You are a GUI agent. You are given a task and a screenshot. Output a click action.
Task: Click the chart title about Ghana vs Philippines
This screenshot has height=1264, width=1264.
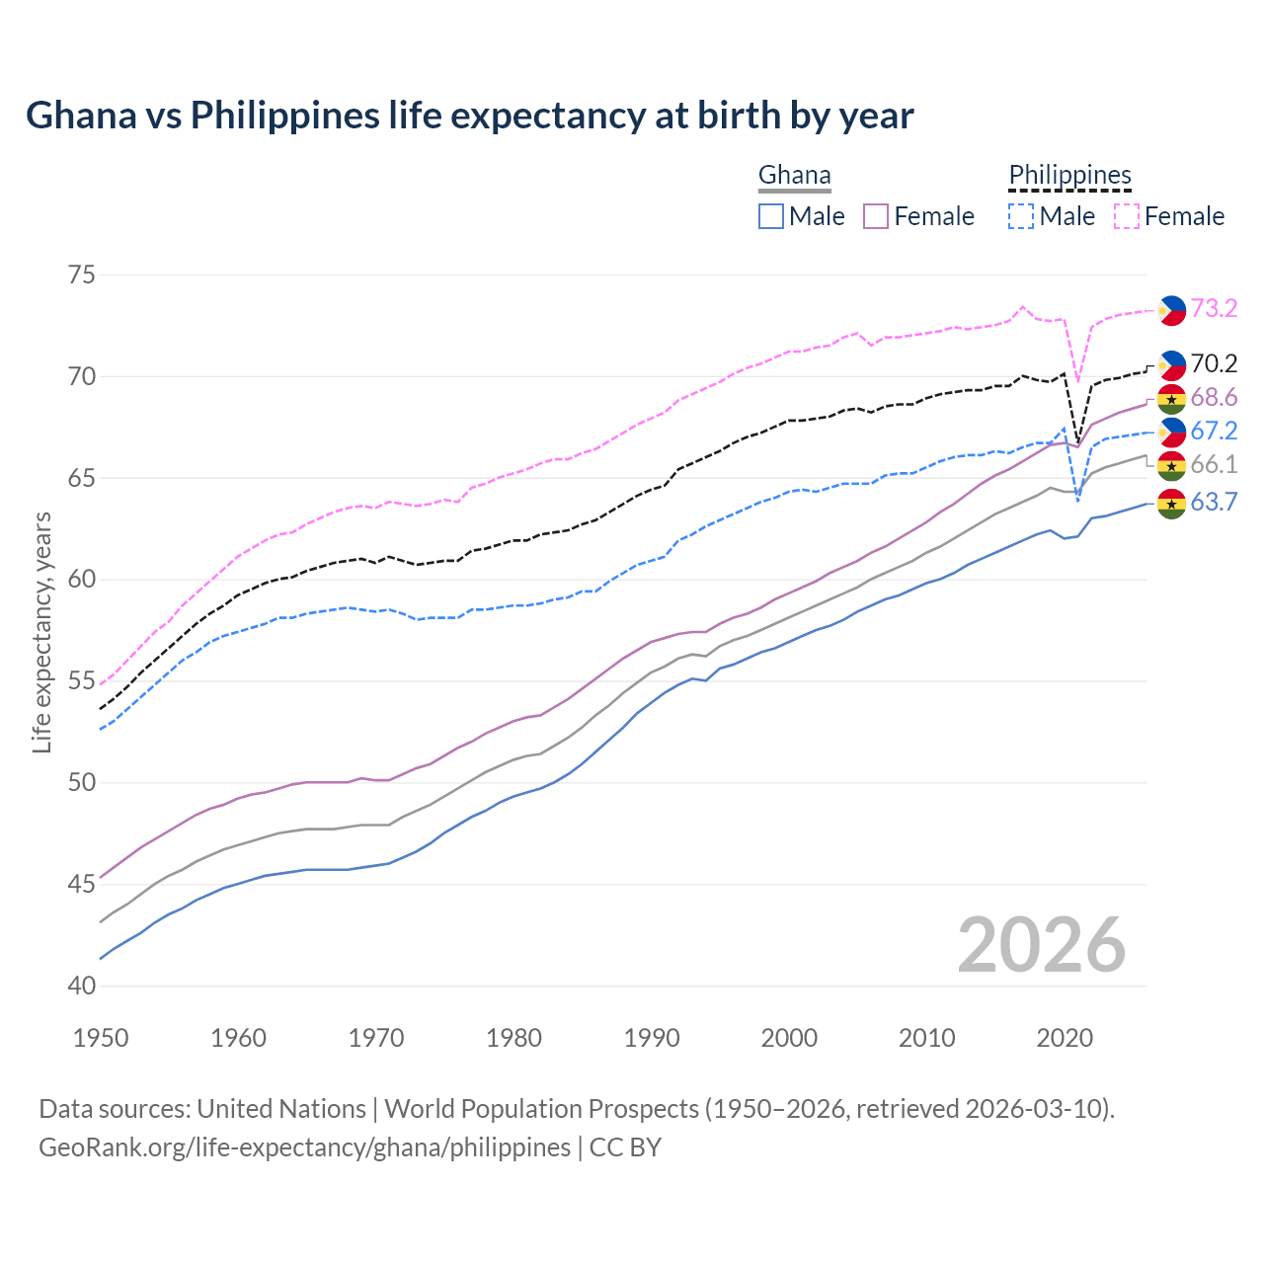pyautogui.click(x=469, y=116)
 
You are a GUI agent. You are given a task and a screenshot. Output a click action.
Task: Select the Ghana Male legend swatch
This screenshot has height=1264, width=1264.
pyautogui.click(x=771, y=216)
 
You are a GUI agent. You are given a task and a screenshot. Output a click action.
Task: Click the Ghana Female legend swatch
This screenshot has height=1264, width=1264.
pyautogui.click(x=876, y=216)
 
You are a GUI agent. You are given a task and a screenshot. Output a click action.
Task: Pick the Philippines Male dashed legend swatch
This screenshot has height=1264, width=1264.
pyautogui.click(x=1021, y=216)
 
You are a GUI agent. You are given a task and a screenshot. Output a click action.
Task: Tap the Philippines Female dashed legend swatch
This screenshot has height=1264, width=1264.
pyautogui.click(x=1126, y=216)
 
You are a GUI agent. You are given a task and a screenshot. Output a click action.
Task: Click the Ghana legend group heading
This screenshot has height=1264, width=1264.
pyautogui.click(x=794, y=176)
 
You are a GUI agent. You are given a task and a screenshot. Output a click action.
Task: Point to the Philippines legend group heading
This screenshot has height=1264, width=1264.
pyautogui.click(x=1069, y=176)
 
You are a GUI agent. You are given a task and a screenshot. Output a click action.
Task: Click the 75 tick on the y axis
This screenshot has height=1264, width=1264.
pyautogui.click(x=82, y=275)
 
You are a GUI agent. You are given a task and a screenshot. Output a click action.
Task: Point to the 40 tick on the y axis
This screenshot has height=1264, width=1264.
pyautogui.click(x=82, y=986)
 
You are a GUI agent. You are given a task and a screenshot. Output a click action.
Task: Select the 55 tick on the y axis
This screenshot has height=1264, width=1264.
pyautogui.click(x=82, y=681)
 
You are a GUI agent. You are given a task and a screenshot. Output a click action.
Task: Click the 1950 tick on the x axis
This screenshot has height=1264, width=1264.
pyautogui.click(x=101, y=1038)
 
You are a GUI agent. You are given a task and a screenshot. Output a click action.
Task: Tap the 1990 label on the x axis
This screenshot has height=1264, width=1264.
pyautogui.click(x=652, y=1038)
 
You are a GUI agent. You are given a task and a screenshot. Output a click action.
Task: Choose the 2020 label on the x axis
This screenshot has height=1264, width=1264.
pyautogui.click(x=1065, y=1038)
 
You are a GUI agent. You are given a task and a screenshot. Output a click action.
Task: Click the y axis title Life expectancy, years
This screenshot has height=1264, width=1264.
pyautogui.click(x=41, y=632)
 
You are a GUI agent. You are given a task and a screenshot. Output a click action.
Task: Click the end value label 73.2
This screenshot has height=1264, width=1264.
pyautogui.click(x=1214, y=309)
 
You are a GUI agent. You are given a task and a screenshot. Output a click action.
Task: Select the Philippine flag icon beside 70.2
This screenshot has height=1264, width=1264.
pyautogui.click(x=1171, y=364)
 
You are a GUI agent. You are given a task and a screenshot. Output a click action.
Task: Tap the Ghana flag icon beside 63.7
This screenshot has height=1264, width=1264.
pyautogui.click(x=1171, y=503)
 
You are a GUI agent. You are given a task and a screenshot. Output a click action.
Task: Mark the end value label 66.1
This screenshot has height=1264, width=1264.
pyautogui.click(x=1214, y=465)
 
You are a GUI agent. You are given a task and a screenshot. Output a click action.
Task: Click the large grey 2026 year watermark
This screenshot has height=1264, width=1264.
pyautogui.click(x=1042, y=945)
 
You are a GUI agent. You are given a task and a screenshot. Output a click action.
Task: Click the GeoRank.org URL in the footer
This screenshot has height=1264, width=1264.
pyautogui.click(x=304, y=1147)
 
